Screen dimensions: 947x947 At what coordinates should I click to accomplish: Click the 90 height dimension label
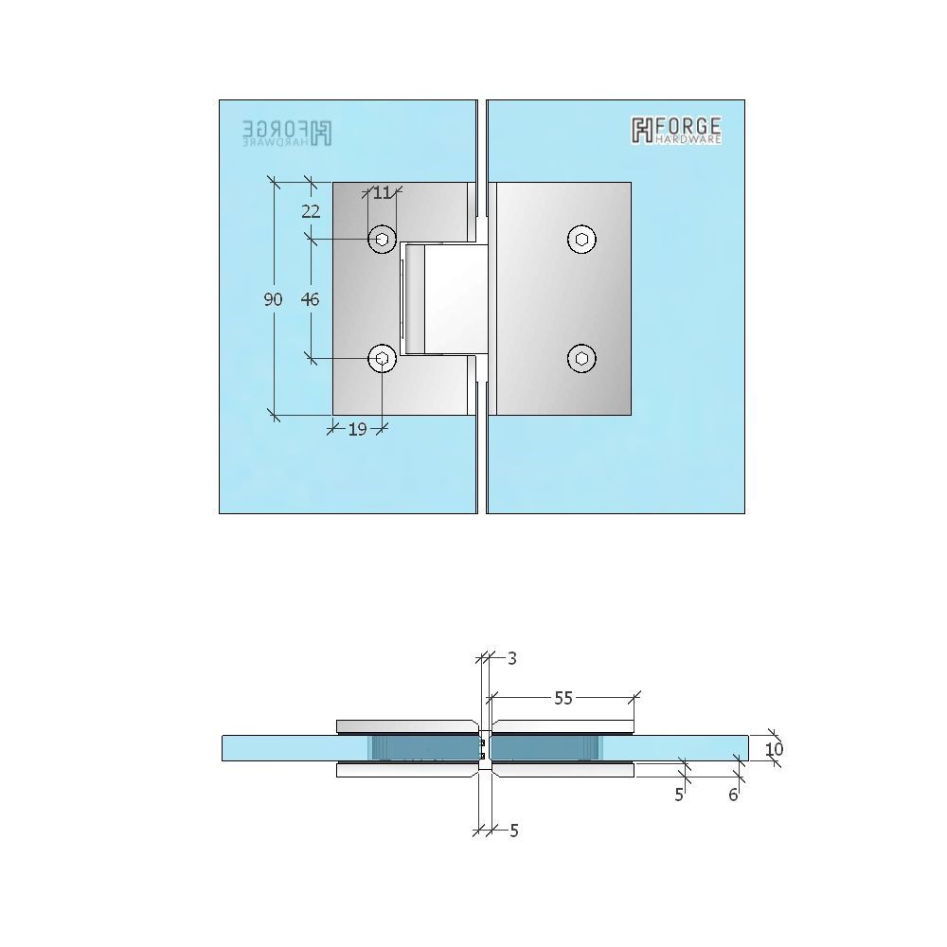[x=273, y=299]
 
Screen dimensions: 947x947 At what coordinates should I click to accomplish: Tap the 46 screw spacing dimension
[x=310, y=299]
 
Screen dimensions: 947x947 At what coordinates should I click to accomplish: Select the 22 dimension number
[x=311, y=211]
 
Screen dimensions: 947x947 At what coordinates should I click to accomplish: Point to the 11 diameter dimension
[x=382, y=192]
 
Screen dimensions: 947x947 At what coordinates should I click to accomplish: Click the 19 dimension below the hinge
[x=358, y=429]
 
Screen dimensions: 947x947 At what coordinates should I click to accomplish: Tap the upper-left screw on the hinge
[x=383, y=240]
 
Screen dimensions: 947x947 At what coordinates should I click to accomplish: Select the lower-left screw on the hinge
[x=383, y=358]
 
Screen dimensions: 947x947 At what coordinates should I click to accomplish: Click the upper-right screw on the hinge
[x=581, y=240]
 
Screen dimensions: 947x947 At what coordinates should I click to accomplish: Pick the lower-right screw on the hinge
[x=581, y=358]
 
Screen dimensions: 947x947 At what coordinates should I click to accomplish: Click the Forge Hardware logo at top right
[x=676, y=130]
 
